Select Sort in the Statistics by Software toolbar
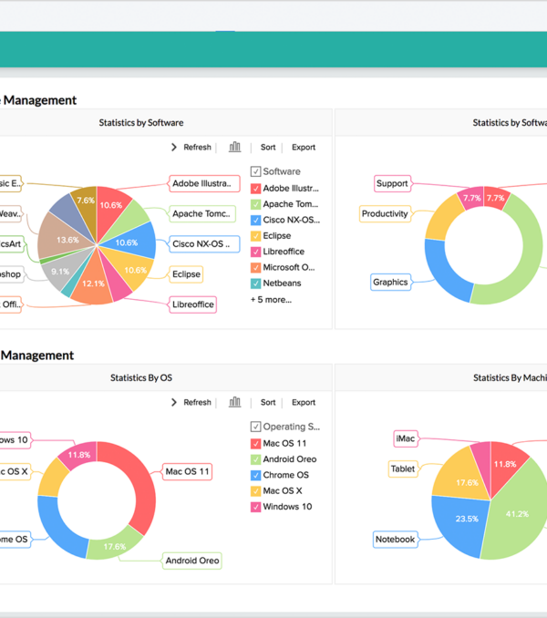pos(268,147)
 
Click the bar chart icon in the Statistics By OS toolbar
pos(235,402)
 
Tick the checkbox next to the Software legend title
pos(256,171)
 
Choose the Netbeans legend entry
pos(283,283)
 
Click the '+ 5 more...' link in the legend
pos(271,299)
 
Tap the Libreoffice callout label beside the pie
pos(193,304)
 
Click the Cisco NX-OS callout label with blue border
pos(205,243)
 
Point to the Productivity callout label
pos(385,214)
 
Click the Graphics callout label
pos(390,282)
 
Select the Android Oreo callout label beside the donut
pos(191,561)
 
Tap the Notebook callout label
pos(396,540)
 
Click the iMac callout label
pos(406,438)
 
